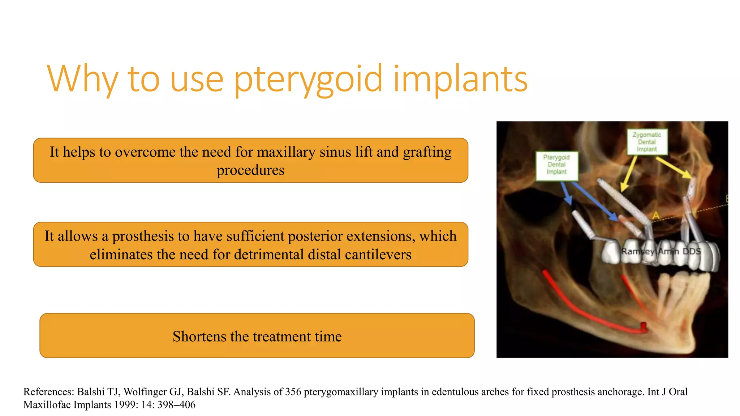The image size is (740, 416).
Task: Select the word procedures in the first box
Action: click(250, 170)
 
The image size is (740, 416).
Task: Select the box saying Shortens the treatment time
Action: click(257, 336)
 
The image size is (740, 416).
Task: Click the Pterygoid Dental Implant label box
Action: click(556, 165)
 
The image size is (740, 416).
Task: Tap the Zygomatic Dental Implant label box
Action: click(646, 142)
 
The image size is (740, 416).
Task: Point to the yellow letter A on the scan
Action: click(656, 216)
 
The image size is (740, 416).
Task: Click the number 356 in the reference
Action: click(293, 392)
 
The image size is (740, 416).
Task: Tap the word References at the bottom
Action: click(49, 392)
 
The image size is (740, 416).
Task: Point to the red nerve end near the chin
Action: click(644, 327)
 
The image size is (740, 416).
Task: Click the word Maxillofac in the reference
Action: click(47, 405)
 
